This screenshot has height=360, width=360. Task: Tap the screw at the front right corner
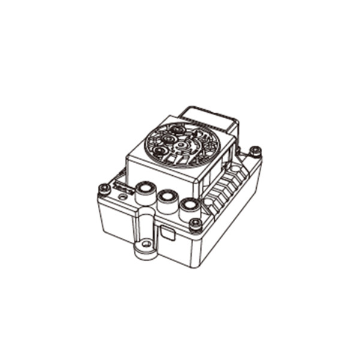coord(195,224)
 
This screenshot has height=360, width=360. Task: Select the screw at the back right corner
coord(256,151)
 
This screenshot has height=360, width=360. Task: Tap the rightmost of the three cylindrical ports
coord(189,206)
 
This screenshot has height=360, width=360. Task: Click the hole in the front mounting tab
coord(145,245)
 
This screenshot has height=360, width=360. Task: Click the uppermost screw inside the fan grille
coord(178,128)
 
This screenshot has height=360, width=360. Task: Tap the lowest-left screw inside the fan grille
coord(159,151)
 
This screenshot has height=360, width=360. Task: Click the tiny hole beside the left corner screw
coord(122,197)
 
